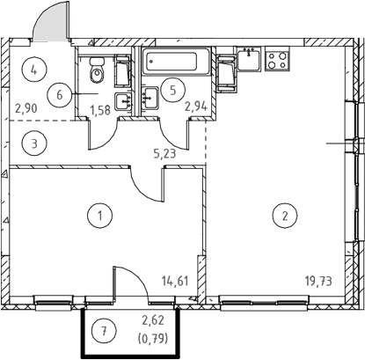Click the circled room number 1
tap(99, 216)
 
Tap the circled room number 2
tap(285, 216)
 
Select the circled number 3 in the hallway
tap(34, 143)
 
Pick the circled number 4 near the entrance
tap(34, 70)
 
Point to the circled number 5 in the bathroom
tap(173, 90)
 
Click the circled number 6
tap(60, 95)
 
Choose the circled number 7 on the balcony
tap(104, 332)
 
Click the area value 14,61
tap(175, 281)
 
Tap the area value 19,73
tap(318, 281)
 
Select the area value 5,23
tap(165, 153)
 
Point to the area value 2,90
tap(26, 108)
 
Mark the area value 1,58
tap(100, 111)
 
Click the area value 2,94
tap(196, 107)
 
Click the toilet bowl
tap(96, 70)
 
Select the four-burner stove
tap(277, 59)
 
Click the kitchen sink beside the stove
tap(249, 58)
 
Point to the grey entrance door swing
tap(50, 22)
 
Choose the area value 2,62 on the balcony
tap(153, 320)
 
